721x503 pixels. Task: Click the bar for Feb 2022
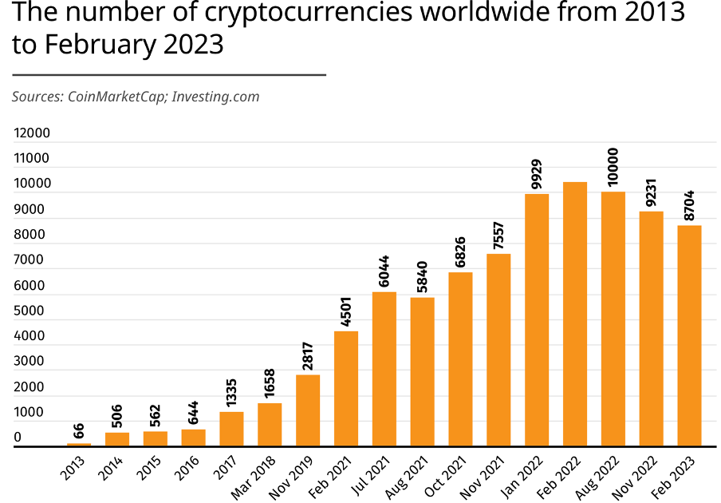575,314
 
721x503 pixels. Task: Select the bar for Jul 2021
384,369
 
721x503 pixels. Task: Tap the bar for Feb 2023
689,335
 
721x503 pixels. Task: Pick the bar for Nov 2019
308,410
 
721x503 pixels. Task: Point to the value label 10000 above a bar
613,167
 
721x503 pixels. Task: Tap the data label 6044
384,271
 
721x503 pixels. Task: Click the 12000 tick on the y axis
32,133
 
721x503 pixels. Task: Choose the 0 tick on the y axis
18,438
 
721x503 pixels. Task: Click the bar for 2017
231,429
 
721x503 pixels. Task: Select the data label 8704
689,206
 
